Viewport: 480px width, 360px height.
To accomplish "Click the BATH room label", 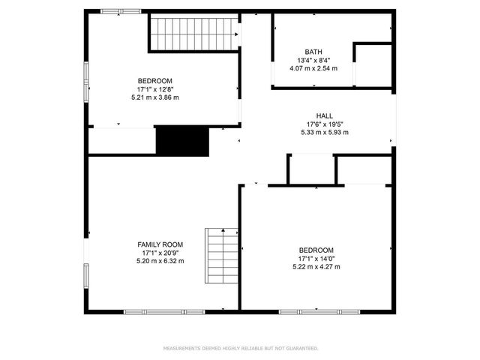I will tap(313, 52).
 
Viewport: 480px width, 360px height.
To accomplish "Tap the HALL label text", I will tap(324, 115).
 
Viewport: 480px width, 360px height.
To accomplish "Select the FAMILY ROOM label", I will tap(160, 244).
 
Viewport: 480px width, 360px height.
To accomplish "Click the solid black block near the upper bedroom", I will tap(181, 141).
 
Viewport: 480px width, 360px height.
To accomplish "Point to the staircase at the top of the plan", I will tap(193, 33).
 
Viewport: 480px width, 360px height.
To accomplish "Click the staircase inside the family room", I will tap(223, 255).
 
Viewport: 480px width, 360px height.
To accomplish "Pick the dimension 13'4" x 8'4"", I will tap(313, 60).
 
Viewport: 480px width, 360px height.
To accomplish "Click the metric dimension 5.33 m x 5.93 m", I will tap(324, 133).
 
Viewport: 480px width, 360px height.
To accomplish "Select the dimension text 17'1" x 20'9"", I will tap(160, 253).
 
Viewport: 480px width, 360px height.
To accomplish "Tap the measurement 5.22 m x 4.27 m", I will tap(316, 267).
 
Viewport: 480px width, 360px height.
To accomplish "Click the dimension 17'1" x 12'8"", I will tap(155, 89).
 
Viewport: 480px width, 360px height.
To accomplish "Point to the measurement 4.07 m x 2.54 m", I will tap(313, 68).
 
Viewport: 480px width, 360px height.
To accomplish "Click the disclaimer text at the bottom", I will tap(240, 348).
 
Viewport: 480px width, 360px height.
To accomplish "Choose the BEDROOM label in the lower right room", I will tap(316, 250).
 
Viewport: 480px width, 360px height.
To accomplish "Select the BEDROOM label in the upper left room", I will tap(155, 81).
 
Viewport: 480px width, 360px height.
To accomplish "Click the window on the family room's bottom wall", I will tap(163, 311).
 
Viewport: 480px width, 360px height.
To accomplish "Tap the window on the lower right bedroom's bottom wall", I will tap(318, 311).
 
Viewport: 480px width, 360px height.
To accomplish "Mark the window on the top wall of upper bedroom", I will tap(121, 11).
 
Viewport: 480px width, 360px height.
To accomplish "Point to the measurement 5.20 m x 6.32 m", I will tap(160, 261).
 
